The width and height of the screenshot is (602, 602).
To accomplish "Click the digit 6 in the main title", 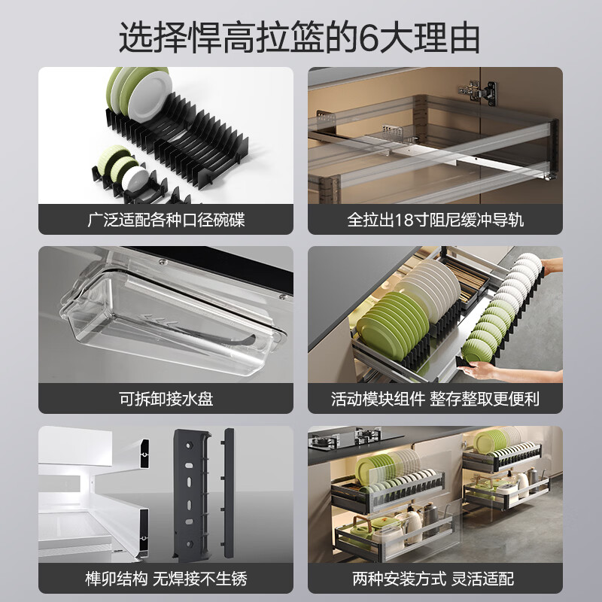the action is tap(369, 38).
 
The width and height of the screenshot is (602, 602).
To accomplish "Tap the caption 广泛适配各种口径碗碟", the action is tap(166, 220).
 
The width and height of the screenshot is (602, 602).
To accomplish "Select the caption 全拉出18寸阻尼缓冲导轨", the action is tap(436, 220).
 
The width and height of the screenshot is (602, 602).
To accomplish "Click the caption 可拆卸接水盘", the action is tap(166, 399).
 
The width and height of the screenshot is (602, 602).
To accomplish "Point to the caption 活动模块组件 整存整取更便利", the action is tap(436, 399).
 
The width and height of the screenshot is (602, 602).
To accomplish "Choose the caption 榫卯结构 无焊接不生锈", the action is tap(166, 579).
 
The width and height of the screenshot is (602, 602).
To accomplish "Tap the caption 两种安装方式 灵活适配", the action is tap(433, 579).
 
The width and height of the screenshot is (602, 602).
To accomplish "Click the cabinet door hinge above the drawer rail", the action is tap(478, 92).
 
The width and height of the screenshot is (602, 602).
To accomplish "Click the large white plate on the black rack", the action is tap(150, 95).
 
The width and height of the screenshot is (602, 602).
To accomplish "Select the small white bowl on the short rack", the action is tap(135, 178).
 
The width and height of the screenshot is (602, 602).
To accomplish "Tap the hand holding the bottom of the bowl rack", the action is tap(480, 369).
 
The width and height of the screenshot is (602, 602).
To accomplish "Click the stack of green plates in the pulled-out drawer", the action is tap(391, 324).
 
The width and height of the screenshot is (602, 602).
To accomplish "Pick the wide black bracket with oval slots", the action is tap(191, 494).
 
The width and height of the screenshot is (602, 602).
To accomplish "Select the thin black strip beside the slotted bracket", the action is tap(229, 493).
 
